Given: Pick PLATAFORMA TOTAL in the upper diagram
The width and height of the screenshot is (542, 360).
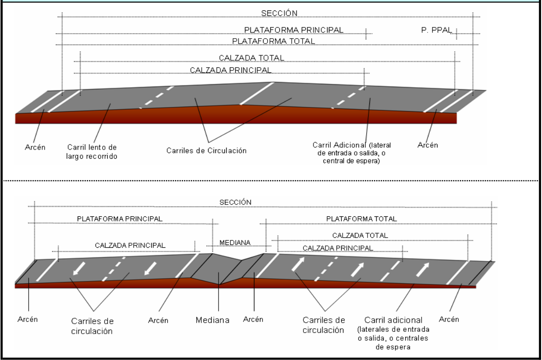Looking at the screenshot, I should click(x=273, y=41).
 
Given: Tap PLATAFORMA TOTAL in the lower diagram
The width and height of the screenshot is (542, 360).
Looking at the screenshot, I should click(x=362, y=219).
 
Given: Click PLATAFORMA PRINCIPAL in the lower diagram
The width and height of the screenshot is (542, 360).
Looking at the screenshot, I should click(x=120, y=219).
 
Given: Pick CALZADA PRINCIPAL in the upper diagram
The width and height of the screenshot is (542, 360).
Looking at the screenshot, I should click(x=232, y=70).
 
